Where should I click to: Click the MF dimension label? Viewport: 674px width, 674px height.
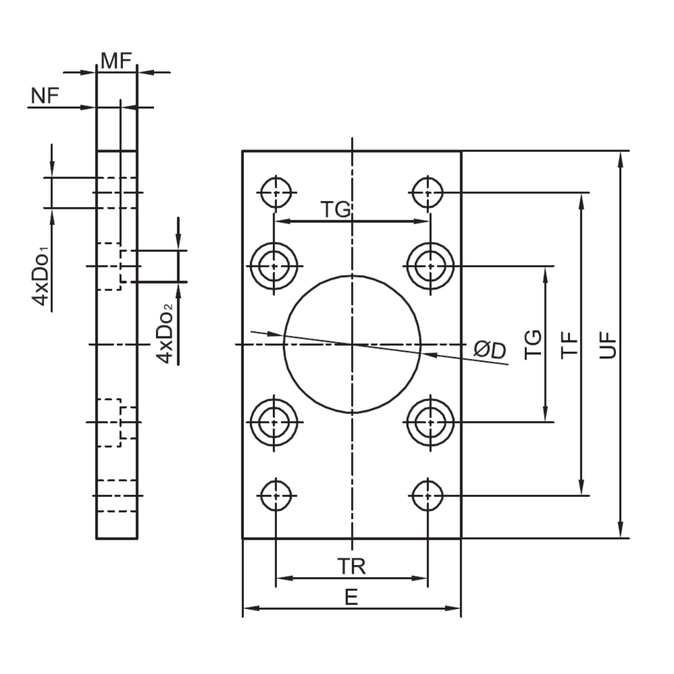click(116, 61)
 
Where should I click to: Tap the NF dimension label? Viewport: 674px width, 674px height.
click(45, 96)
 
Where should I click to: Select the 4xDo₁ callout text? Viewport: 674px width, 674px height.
click(42, 276)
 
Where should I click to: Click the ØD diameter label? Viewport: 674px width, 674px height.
click(489, 350)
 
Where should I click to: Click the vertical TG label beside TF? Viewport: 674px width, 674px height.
click(533, 344)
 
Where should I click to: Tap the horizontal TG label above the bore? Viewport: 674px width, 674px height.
click(336, 210)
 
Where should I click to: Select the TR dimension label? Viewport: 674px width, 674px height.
click(352, 567)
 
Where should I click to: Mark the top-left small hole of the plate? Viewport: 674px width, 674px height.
click(276, 193)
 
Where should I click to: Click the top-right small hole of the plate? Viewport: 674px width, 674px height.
click(427, 193)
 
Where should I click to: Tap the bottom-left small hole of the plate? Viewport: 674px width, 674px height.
click(276, 495)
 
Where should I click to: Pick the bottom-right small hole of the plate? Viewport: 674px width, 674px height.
click(427, 495)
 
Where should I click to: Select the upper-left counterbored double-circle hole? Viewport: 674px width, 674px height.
click(274, 266)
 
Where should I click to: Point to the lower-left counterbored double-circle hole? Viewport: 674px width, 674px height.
click(274, 422)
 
